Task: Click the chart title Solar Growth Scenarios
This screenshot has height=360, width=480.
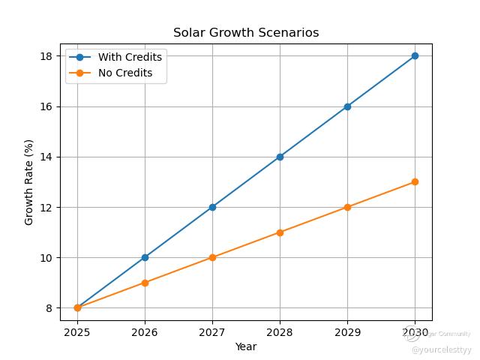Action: pyautogui.click(x=246, y=33)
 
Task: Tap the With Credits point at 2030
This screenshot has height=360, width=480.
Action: pyautogui.click(x=415, y=55)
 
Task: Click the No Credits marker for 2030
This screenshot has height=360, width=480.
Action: pyautogui.click(x=415, y=181)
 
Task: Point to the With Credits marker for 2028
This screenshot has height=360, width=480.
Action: pyautogui.click(x=280, y=157)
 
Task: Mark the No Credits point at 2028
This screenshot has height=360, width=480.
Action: pyautogui.click(x=280, y=232)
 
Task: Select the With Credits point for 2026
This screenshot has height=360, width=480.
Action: pyautogui.click(x=145, y=257)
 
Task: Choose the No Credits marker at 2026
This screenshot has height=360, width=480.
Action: pyautogui.click(x=145, y=283)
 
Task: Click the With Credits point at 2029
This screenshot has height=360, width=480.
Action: pyautogui.click(x=347, y=106)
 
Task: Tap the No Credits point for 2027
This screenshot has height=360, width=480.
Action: pyautogui.click(x=212, y=257)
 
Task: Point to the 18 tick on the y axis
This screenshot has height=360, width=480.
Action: pyautogui.click(x=46, y=56)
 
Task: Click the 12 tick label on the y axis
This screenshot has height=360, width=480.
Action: pyautogui.click(x=46, y=207)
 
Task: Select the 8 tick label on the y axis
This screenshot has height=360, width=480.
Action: pyautogui.click(x=49, y=308)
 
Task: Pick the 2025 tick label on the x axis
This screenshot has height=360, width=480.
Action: pyautogui.click(x=77, y=331)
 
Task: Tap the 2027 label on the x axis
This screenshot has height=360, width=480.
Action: pyautogui.click(x=212, y=331)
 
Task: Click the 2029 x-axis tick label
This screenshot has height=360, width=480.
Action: pyautogui.click(x=347, y=331)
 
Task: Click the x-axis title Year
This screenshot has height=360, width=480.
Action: pyautogui.click(x=246, y=346)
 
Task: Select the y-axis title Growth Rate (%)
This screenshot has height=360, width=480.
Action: pyautogui.click(x=29, y=181)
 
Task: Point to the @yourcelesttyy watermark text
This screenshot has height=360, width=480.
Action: pyautogui.click(x=441, y=349)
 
